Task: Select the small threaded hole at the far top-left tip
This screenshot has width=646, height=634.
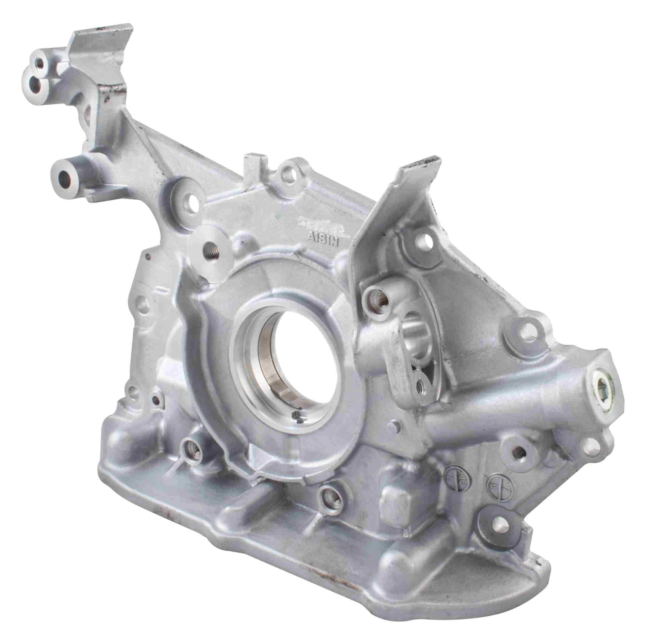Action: (40, 62)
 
